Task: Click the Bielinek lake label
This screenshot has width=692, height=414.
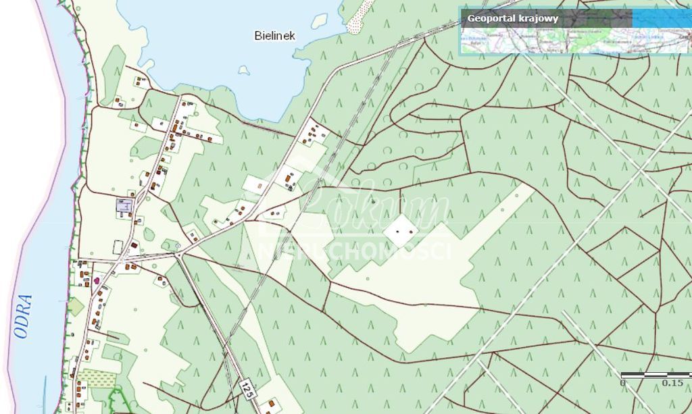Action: [274, 36]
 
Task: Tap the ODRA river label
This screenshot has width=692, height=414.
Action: [23, 315]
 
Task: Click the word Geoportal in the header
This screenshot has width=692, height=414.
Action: [491, 18]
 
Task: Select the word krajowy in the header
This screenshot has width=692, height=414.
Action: [538, 18]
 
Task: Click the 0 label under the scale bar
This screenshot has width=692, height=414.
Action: [622, 383]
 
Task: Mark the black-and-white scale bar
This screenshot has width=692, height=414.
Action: [656, 374]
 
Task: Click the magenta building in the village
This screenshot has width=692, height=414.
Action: [97, 280]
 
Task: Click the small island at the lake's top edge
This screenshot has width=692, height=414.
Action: [319, 20]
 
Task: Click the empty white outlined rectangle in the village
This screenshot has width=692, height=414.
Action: [118, 247]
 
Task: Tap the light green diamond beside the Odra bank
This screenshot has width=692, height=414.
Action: [76, 307]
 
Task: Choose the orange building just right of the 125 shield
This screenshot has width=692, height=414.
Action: [271, 403]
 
